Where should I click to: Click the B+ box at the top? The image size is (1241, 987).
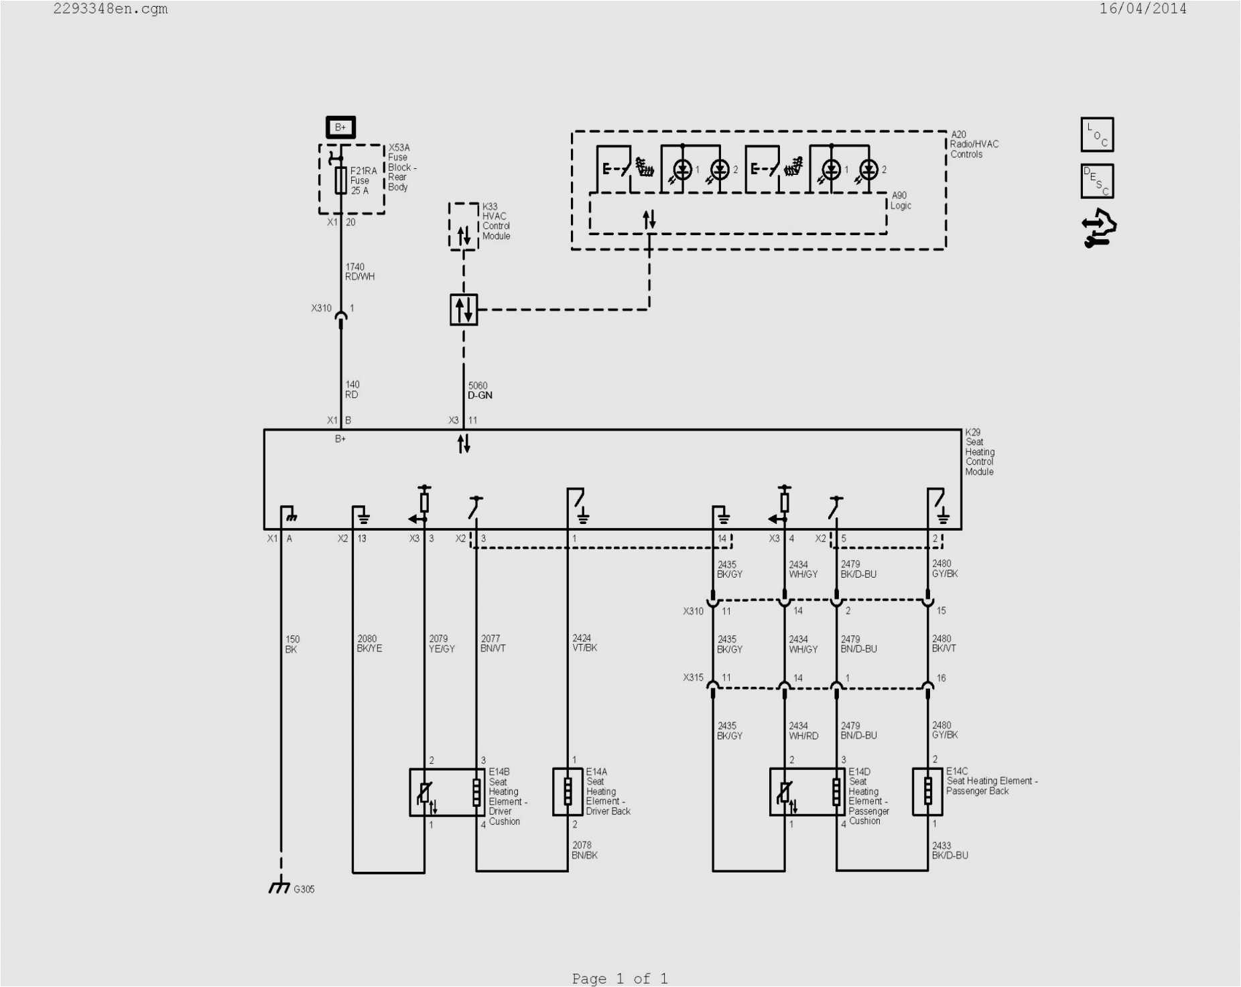[340, 127]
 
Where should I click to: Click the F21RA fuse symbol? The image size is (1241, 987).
[340, 180]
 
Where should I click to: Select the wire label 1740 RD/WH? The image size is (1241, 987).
[359, 271]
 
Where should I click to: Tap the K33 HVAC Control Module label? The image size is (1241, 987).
[496, 222]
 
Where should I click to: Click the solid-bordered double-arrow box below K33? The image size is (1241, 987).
[464, 310]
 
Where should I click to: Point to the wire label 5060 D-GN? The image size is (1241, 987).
[480, 391]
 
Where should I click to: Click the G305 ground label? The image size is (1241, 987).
[304, 889]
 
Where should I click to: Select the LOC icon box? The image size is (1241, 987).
[1097, 135]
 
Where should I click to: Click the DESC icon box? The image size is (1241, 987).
[1097, 182]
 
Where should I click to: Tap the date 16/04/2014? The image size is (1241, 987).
[1142, 9]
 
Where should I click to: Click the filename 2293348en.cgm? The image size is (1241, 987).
[111, 9]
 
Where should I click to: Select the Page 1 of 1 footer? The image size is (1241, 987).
[620, 978]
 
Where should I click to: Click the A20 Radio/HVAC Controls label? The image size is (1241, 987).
[974, 144]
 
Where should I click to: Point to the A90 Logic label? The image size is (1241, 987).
[901, 200]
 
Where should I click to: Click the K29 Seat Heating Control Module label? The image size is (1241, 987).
[979, 452]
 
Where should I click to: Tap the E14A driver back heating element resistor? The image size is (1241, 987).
[568, 791]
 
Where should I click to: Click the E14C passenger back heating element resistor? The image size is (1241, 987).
[927, 791]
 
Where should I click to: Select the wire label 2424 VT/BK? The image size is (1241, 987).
[584, 643]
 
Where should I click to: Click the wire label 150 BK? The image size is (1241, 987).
[292, 644]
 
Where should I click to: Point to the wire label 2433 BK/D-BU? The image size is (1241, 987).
[950, 850]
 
